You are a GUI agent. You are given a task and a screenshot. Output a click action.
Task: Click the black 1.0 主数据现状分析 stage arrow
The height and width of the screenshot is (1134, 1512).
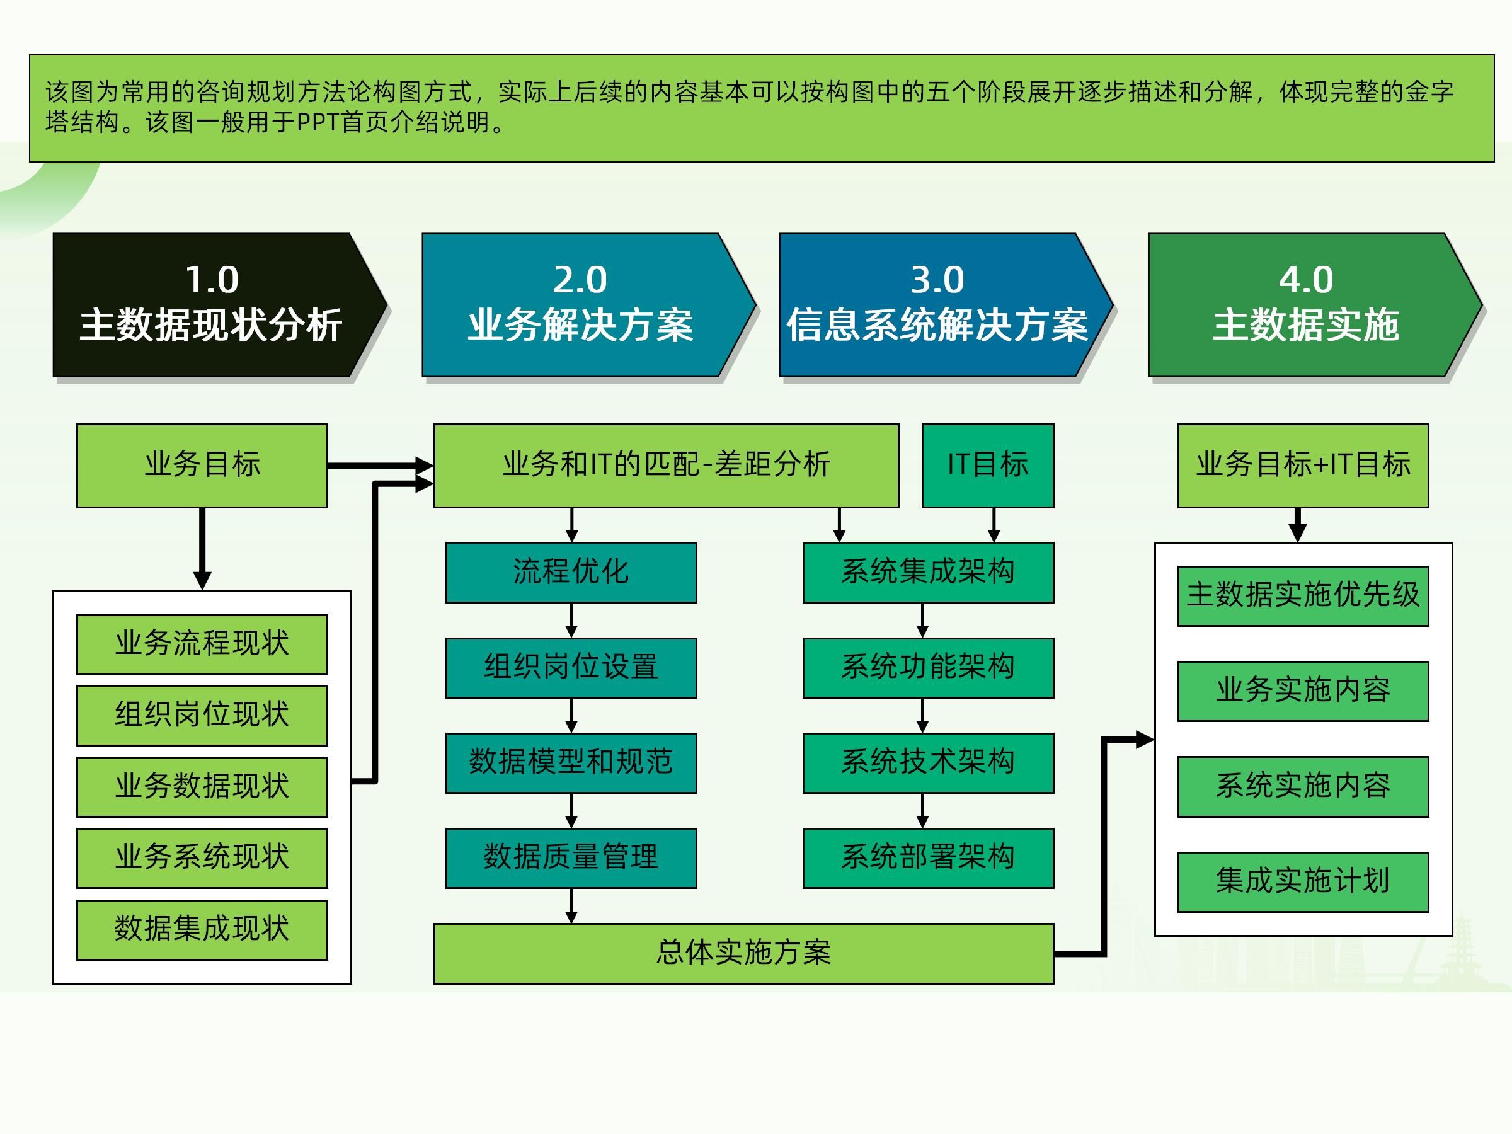212,305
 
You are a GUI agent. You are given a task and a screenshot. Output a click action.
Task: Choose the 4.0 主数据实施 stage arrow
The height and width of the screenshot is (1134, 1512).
1305,305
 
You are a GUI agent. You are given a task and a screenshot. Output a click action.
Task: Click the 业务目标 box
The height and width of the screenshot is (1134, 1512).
202,466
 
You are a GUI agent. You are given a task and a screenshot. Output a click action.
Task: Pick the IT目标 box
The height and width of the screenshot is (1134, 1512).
988,466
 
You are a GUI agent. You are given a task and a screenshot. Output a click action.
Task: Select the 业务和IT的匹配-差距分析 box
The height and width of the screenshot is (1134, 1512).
666,466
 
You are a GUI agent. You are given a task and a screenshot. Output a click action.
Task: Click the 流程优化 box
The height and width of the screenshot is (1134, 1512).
571,573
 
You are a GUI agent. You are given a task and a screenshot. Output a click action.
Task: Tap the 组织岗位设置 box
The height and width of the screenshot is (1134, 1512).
571,668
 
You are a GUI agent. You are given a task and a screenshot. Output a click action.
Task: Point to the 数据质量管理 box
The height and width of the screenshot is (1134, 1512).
571,858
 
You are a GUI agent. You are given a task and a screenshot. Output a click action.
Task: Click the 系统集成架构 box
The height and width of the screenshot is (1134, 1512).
927,573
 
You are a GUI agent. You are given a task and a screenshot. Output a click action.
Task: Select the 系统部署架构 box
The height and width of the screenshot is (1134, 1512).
927,858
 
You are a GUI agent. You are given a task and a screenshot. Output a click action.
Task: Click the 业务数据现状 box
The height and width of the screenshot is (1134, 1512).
202,787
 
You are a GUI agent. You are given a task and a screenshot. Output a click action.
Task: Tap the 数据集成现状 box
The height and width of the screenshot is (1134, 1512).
202,930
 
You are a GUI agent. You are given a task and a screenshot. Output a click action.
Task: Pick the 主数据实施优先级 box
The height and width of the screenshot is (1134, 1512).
1303,596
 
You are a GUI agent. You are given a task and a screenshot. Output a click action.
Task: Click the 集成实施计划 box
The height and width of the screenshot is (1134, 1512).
1303,882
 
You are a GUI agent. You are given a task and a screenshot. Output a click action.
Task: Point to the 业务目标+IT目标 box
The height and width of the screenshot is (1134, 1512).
1303,466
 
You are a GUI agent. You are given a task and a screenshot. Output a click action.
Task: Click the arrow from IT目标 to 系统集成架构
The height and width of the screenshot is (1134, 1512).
994,525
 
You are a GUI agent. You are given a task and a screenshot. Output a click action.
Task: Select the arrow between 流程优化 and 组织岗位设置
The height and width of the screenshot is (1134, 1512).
571,621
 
